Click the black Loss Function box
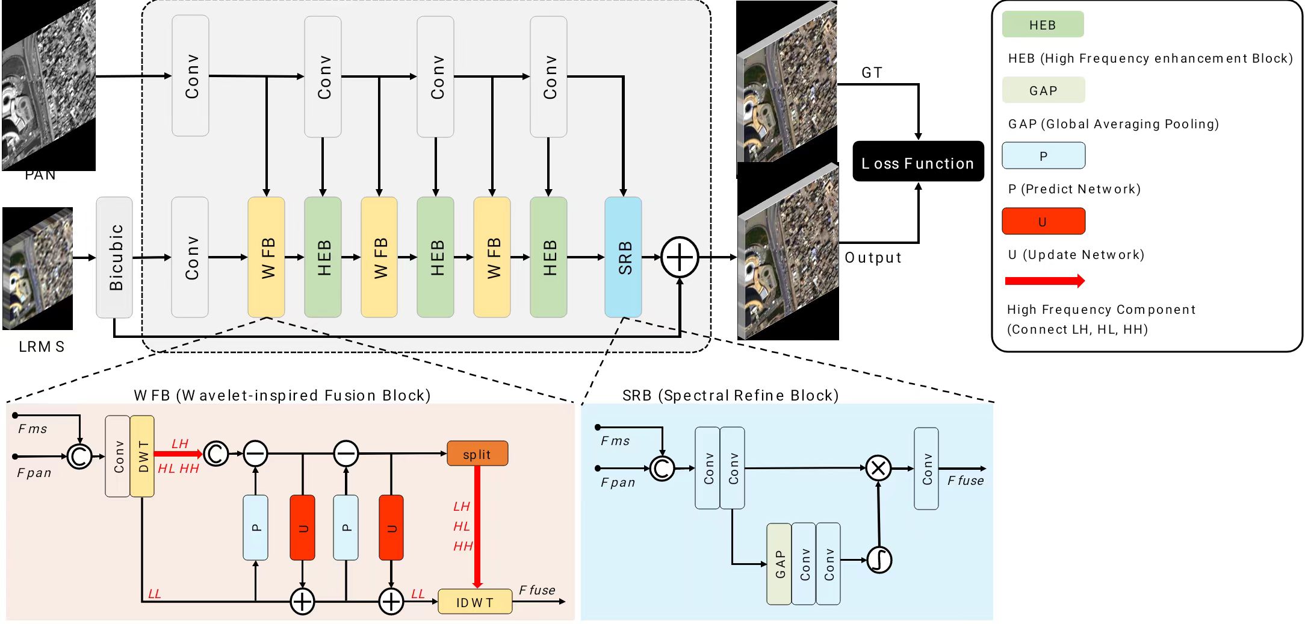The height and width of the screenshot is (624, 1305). tap(918, 161)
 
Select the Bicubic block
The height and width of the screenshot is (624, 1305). tap(114, 257)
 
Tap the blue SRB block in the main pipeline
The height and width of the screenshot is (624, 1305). tap(623, 257)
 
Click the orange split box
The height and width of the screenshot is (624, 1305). tap(477, 454)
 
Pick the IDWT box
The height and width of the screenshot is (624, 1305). tap(475, 602)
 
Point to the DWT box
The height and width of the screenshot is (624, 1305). tap(142, 456)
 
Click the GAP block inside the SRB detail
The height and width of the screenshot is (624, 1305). tap(779, 564)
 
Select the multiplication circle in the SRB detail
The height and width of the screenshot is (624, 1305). tap(878, 468)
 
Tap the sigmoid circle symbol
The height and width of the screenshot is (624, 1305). tap(879, 560)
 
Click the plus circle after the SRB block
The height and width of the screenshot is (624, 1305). tap(680, 258)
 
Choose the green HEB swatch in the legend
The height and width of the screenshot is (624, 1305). tap(1043, 25)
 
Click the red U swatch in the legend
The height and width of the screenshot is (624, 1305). tap(1043, 221)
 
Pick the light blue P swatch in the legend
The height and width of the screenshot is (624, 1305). tap(1043, 155)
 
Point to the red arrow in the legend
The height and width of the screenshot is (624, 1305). tap(1045, 281)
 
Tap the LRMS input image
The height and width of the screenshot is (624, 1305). tap(37, 269)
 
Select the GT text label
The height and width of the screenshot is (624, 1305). tap(872, 73)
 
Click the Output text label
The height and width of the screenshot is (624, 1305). tap(873, 258)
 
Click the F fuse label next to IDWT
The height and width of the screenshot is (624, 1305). tap(537, 590)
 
